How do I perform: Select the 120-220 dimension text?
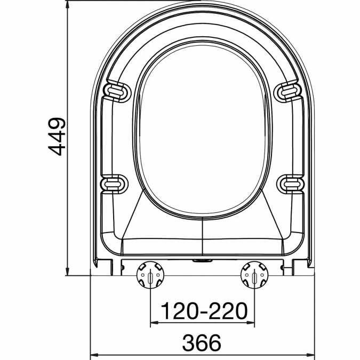click(x=204, y=310)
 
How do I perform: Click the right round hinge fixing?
click(x=254, y=276)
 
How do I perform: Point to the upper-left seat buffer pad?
click(x=117, y=91)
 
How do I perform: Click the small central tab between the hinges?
click(x=202, y=261)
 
